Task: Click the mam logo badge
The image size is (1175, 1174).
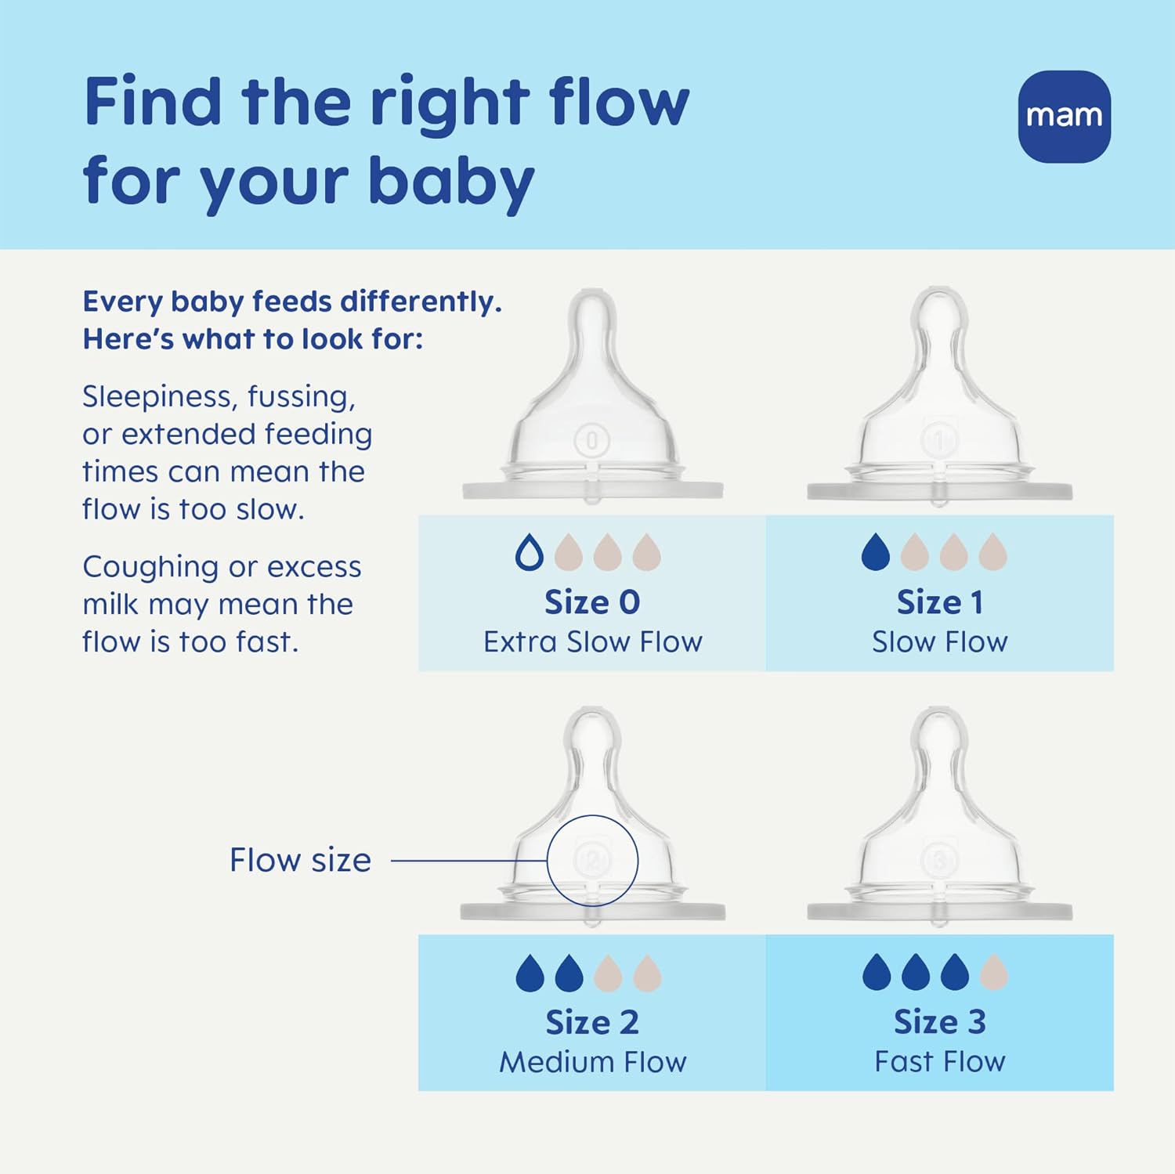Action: click(x=1064, y=117)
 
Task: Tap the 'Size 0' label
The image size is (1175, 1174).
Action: click(x=592, y=602)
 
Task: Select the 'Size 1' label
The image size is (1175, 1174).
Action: click(x=939, y=602)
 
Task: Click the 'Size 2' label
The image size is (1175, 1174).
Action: click(x=592, y=1022)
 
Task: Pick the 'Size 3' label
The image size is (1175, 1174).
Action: click(x=939, y=1022)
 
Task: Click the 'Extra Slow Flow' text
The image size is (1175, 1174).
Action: click(x=592, y=642)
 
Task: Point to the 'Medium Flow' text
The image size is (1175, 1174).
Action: click(x=592, y=1062)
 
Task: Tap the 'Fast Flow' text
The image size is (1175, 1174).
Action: click(x=939, y=1062)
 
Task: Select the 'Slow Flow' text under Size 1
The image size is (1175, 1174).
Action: click(x=939, y=642)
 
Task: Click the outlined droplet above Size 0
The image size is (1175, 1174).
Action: click(x=529, y=552)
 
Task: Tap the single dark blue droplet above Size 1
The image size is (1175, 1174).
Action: click(x=875, y=552)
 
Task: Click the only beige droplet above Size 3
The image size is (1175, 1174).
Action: click(x=993, y=972)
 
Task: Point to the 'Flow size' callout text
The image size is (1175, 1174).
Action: click(x=300, y=860)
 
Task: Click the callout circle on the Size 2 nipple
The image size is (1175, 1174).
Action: click(x=592, y=860)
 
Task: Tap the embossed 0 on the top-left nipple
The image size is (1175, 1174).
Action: click(x=592, y=441)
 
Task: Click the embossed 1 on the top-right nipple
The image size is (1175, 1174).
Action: click(x=939, y=440)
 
